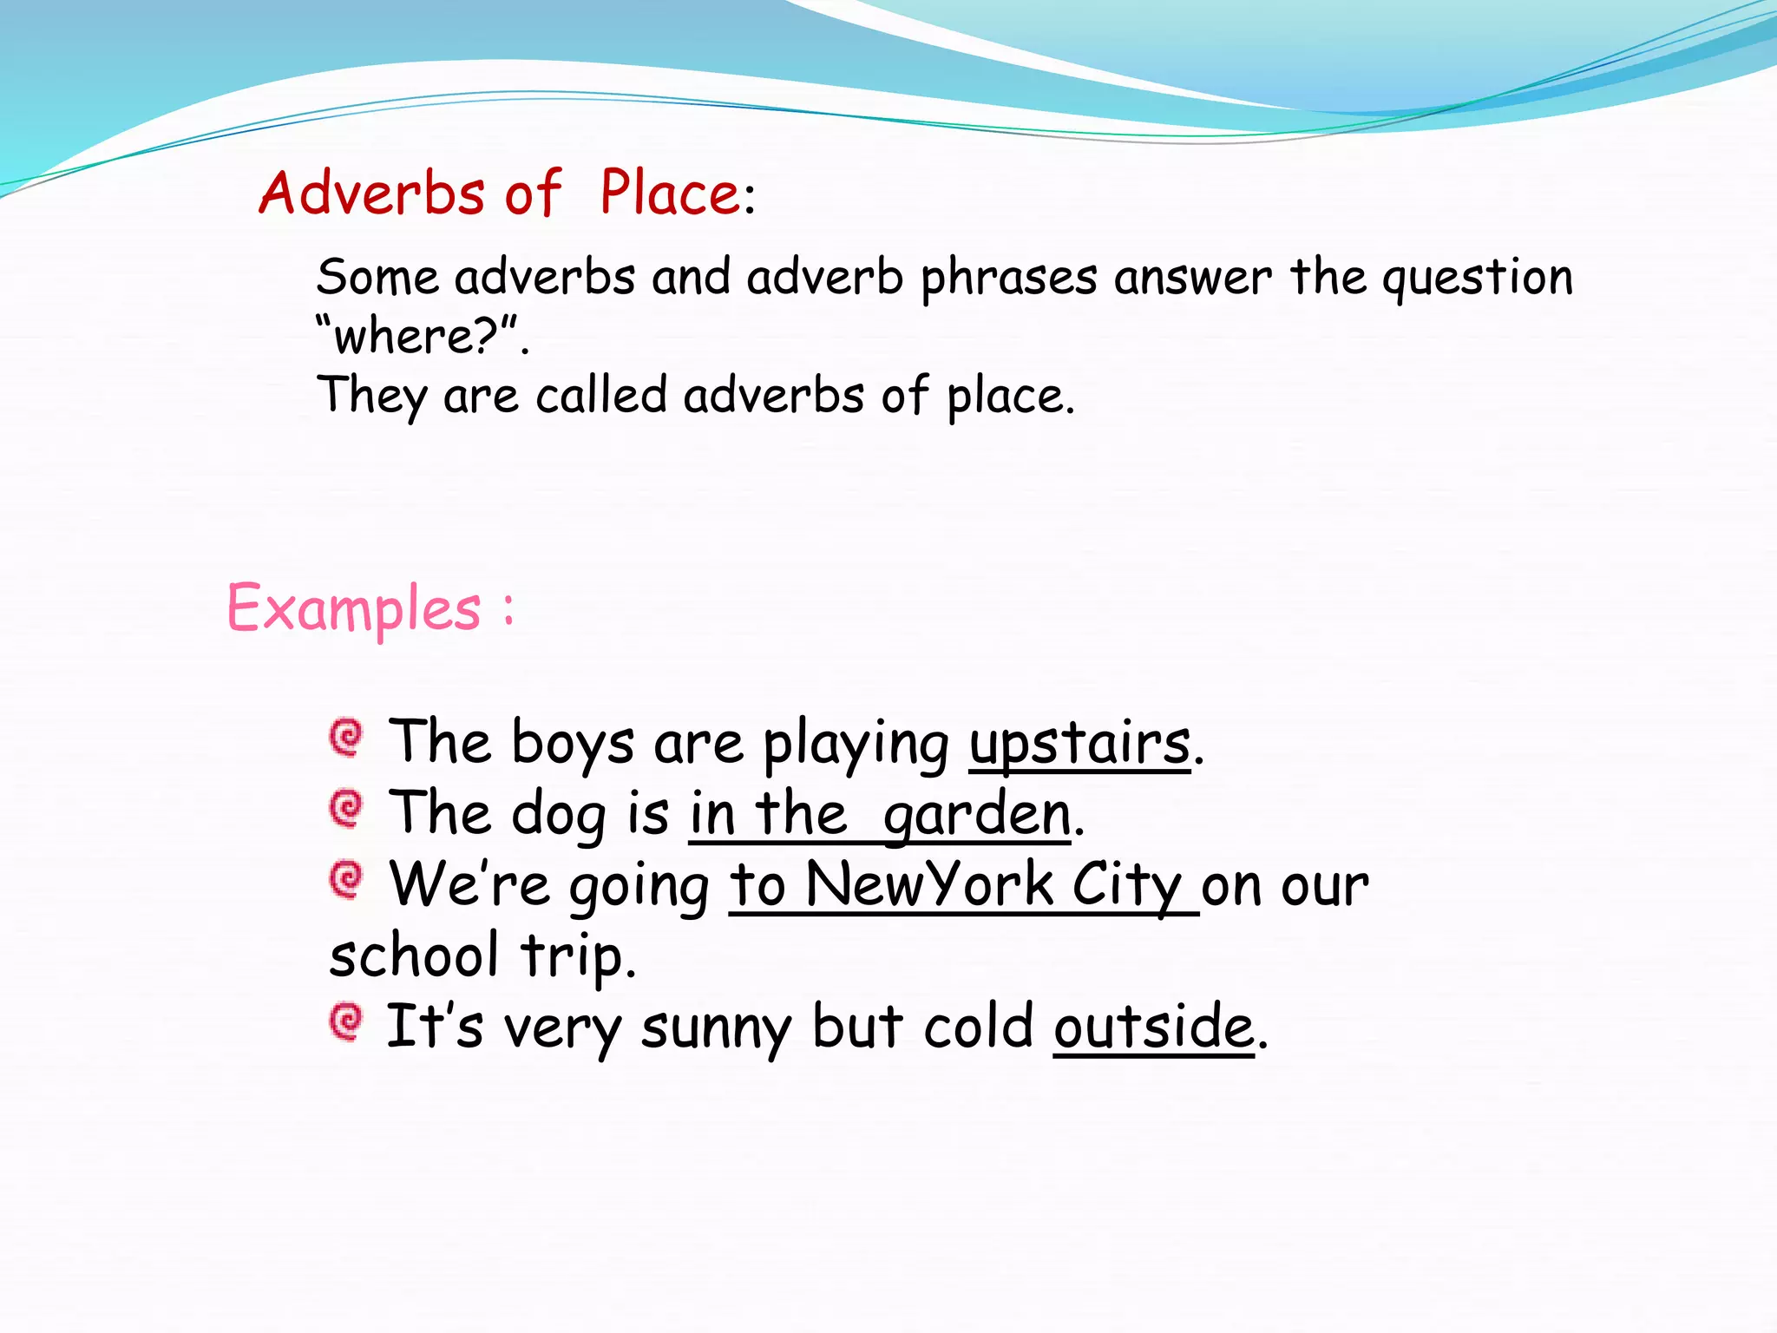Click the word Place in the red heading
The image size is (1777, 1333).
(670, 193)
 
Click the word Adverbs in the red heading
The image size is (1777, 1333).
(371, 193)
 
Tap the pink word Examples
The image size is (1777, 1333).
(354, 607)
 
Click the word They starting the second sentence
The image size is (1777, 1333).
(372, 397)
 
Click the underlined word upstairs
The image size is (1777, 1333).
(1079, 745)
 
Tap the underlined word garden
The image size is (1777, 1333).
(977, 816)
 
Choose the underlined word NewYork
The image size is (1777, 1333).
(928, 885)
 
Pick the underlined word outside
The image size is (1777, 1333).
(1154, 1027)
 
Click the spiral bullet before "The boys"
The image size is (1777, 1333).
(346, 739)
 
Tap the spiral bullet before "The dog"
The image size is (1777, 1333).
(346, 809)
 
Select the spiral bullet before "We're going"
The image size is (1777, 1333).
(346, 880)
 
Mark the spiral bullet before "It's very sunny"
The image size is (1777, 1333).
(346, 1021)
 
